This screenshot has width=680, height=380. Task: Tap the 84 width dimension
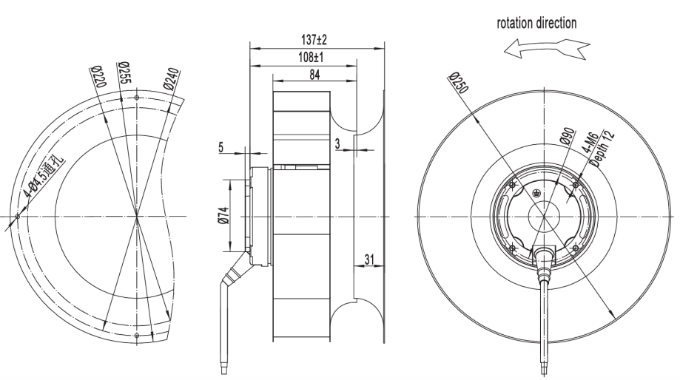315,74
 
